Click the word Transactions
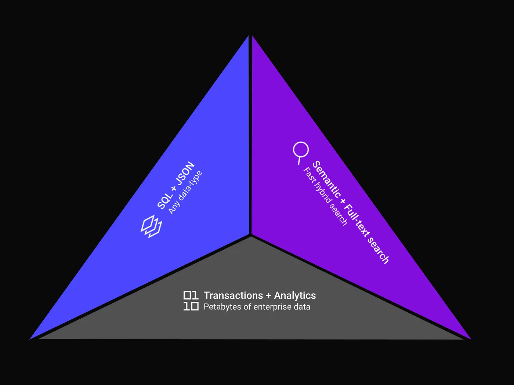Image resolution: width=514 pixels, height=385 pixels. (x=233, y=295)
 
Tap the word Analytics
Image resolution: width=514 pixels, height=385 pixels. (x=295, y=295)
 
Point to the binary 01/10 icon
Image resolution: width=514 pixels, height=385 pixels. (x=191, y=301)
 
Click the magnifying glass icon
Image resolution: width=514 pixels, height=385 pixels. (x=300, y=152)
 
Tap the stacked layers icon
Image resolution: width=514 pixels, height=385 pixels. (x=151, y=226)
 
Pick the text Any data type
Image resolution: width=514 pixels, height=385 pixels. (x=185, y=192)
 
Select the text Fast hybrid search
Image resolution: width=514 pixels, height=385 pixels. (x=325, y=196)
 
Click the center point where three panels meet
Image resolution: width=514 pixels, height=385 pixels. (x=251, y=235)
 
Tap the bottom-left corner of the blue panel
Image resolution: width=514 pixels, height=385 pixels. (x=31, y=338)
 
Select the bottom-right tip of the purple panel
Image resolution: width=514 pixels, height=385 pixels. (x=470, y=339)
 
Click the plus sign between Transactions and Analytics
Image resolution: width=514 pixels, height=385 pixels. (x=268, y=296)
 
